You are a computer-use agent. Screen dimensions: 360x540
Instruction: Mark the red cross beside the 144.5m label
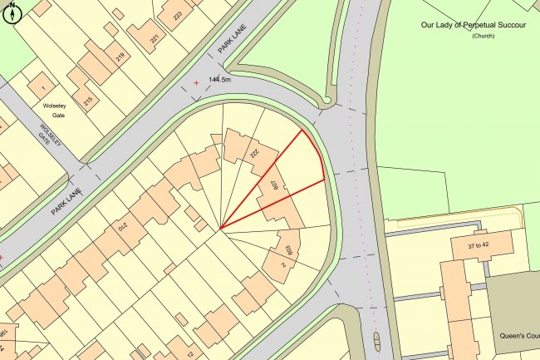197,82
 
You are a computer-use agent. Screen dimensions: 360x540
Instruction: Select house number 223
177,16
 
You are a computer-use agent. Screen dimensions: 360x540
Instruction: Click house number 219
121,58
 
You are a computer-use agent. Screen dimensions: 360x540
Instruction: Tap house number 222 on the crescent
249,154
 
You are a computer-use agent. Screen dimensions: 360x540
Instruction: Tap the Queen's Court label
518,337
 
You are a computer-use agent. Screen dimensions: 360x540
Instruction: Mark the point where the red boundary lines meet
220,229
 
